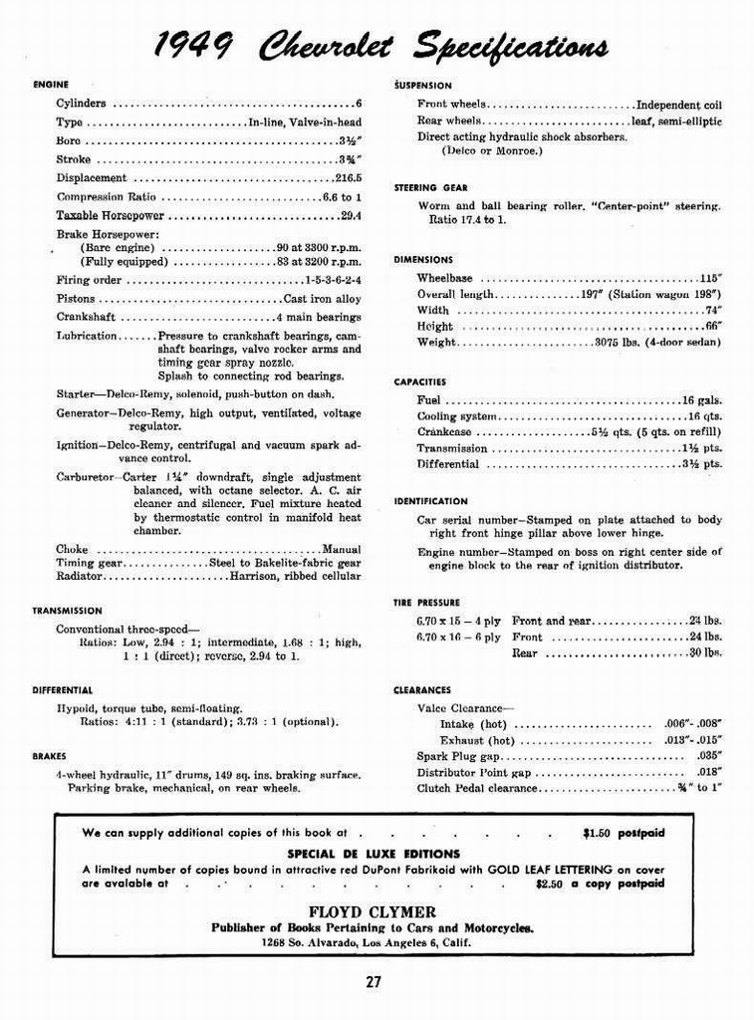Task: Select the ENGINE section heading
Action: pos(51,85)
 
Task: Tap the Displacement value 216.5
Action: pos(348,178)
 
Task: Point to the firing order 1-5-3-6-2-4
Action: pos(333,281)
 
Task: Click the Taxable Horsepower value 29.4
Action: pos(351,215)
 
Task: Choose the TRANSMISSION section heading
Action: pos(67,611)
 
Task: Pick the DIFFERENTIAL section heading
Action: pos(62,689)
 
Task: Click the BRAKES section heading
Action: pos(49,756)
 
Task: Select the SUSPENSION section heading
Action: pos(422,86)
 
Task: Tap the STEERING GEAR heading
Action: pos(430,187)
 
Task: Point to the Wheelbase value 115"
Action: pos(710,279)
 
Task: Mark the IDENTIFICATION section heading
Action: pos(430,502)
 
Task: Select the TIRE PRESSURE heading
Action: pos(426,603)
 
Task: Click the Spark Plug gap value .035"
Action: pos(709,756)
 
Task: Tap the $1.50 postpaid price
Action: pos(624,832)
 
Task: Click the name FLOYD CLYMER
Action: pos(372,911)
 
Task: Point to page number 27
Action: pos(373,981)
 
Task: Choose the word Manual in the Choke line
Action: pos(341,550)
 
